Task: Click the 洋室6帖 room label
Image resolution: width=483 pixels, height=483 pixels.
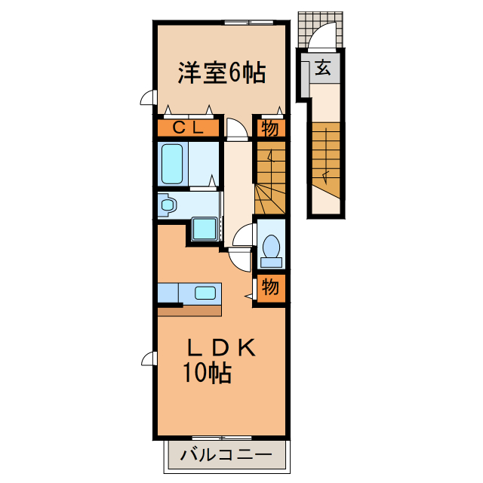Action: pyautogui.click(x=221, y=72)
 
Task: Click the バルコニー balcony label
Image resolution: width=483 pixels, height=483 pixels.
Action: pyautogui.click(x=226, y=455)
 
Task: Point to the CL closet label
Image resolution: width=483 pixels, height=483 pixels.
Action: pyautogui.click(x=188, y=128)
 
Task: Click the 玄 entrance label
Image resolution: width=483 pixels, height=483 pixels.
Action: pyautogui.click(x=322, y=69)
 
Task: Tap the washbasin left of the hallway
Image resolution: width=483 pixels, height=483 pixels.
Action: pyautogui.click(x=168, y=204)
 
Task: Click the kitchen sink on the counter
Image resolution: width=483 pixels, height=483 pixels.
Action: pyautogui.click(x=205, y=292)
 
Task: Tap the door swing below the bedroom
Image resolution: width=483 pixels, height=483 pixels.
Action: pyautogui.click(x=236, y=130)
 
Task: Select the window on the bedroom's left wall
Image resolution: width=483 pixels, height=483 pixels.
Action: pyautogui.click(x=149, y=98)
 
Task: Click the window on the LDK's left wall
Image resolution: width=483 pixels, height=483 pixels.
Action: pyautogui.click(x=149, y=358)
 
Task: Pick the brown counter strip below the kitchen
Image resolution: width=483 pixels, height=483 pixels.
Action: pyautogui.click(x=189, y=309)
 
